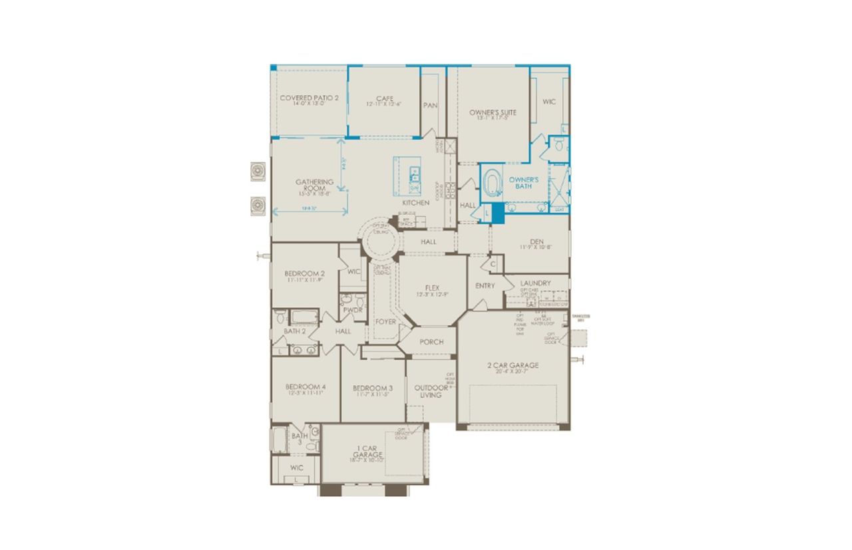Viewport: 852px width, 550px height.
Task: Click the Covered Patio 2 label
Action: (x=309, y=98)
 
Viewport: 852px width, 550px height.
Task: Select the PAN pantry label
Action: (x=429, y=105)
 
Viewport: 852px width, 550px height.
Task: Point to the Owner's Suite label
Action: (x=493, y=112)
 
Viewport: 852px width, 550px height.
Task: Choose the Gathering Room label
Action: (x=310, y=185)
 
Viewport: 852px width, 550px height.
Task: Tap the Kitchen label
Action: (x=415, y=202)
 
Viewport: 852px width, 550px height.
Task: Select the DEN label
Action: (x=537, y=241)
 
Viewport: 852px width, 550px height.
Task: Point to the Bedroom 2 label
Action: (x=305, y=273)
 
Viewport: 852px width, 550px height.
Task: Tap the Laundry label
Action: (x=536, y=283)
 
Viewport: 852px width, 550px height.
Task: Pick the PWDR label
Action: (x=352, y=310)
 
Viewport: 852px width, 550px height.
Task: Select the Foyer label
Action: (x=385, y=322)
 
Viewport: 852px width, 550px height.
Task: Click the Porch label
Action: (x=431, y=342)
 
